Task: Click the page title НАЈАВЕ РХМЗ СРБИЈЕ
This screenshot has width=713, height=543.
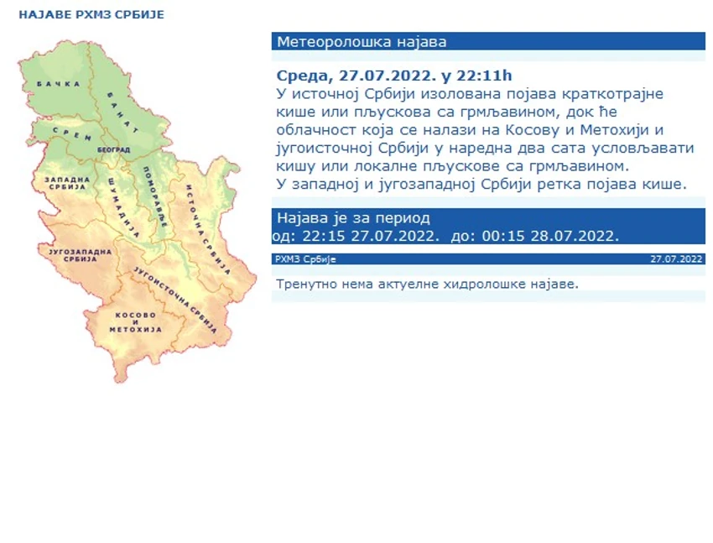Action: (91, 14)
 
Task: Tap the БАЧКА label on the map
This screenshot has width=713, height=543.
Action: (59, 84)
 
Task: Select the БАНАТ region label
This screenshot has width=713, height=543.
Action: (122, 112)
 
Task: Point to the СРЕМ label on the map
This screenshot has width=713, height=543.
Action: (72, 133)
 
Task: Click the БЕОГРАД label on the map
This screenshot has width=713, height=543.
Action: (114, 149)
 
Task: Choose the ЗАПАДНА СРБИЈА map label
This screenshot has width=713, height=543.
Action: (67, 183)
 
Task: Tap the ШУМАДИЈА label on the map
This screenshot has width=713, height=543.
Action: (123, 207)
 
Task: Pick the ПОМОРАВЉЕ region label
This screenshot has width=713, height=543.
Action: (155, 196)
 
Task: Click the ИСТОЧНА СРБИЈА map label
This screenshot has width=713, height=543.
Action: (207, 229)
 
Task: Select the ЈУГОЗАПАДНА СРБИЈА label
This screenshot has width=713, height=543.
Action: (80, 255)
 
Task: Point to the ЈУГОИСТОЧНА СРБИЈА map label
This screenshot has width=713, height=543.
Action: (175, 300)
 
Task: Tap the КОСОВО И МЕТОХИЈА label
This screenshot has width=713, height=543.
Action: (136, 322)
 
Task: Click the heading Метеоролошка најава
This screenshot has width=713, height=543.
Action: (362, 42)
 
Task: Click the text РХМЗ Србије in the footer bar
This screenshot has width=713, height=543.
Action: (305, 259)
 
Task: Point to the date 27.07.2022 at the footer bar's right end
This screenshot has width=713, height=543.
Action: (677, 259)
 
